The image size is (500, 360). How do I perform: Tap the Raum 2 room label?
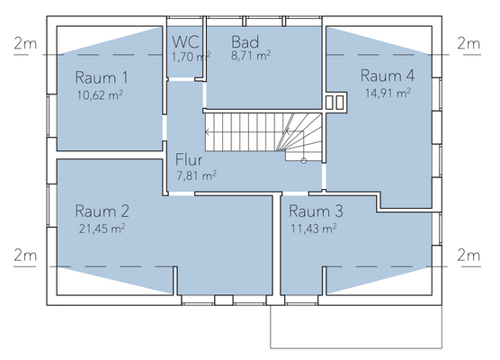103,211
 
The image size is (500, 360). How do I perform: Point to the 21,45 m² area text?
103,229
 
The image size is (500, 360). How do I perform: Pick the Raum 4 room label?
388,74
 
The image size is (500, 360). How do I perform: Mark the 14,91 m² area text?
388,91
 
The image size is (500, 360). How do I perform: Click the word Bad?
246,42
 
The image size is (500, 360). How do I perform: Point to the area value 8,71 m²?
251,56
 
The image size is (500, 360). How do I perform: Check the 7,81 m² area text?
196,175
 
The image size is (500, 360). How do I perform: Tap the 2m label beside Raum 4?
469,43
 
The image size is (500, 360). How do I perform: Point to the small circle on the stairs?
304,160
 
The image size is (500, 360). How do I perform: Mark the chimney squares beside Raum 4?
335,101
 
